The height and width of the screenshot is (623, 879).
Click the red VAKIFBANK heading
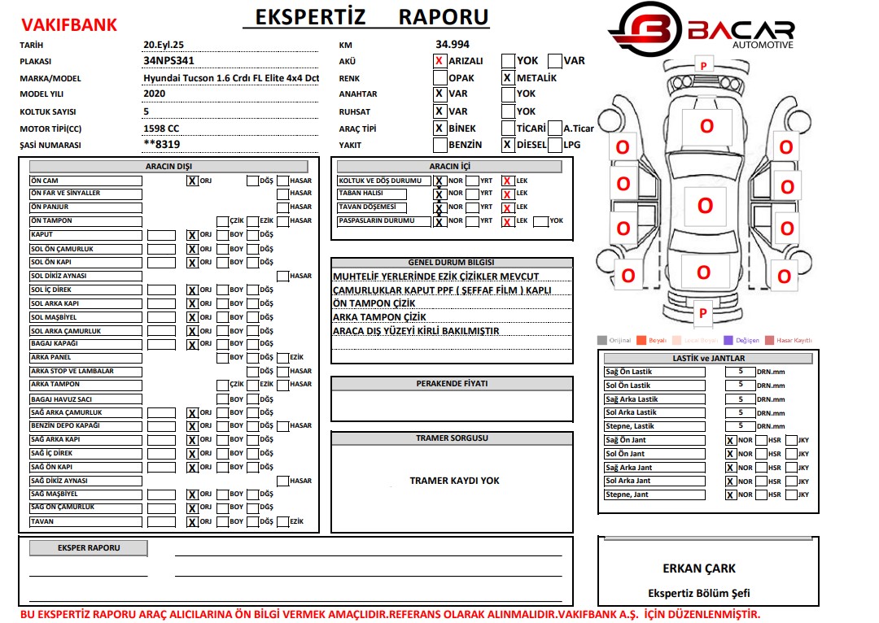point(68,25)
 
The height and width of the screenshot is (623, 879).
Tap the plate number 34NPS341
point(168,60)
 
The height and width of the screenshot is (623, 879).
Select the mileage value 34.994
point(453,44)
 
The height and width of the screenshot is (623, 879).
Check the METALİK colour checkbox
point(508,78)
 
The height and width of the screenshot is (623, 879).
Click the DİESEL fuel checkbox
point(508,145)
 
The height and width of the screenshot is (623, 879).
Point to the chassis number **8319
point(161,145)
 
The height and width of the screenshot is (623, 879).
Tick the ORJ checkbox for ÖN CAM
point(193,181)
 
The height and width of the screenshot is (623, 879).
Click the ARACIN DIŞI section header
point(169,167)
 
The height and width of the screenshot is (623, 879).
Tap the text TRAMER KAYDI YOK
point(454,481)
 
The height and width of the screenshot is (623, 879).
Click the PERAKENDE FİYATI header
point(452,384)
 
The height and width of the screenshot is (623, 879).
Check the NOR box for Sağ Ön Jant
point(730,441)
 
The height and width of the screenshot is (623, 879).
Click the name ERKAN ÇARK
point(698,569)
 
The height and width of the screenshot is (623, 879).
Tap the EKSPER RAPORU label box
point(89,548)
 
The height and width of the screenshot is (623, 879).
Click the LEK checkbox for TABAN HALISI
point(508,194)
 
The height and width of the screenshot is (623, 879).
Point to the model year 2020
point(155,94)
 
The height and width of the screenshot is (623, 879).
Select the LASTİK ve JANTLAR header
point(708,358)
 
